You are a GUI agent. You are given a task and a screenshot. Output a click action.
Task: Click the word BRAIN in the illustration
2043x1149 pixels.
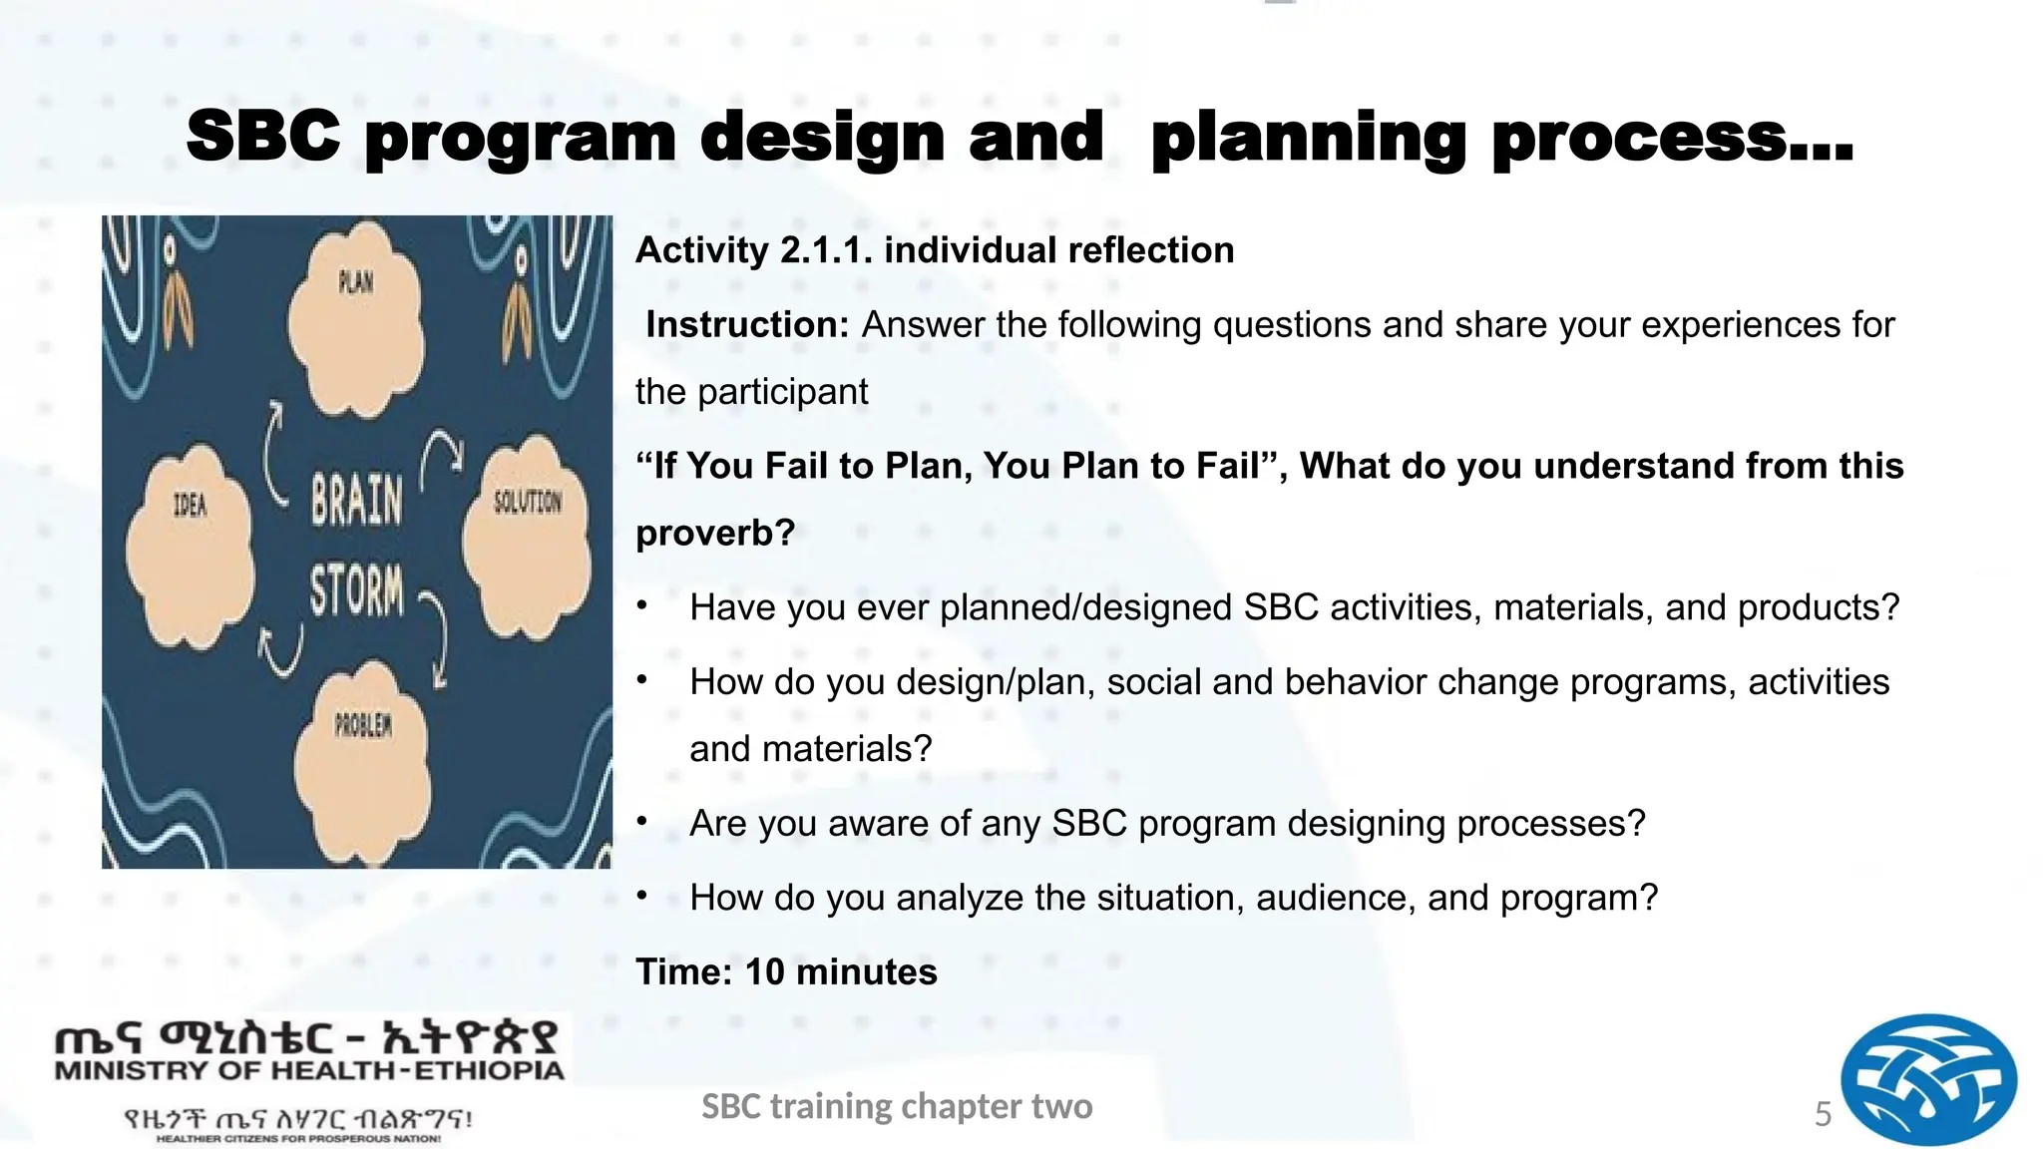click(x=356, y=500)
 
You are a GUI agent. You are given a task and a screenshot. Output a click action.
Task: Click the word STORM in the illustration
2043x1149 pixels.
click(x=356, y=590)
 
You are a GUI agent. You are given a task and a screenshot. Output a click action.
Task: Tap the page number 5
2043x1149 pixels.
click(x=1823, y=1114)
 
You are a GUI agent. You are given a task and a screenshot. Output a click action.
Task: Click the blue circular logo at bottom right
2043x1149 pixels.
click(x=1927, y=1080)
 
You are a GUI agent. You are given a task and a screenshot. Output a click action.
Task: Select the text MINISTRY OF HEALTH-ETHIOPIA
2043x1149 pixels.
click(x=309, y=1071)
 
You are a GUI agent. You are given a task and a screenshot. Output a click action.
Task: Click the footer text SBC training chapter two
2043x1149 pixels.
click(x=897, y=1106)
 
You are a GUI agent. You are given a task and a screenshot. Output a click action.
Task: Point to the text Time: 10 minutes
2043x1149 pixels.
click(x=786, y=971)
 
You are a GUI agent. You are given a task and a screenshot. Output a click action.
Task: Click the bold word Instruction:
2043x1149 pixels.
click(x=747, y=324)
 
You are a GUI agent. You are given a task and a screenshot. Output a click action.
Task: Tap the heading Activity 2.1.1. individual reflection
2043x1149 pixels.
click(x=935, y=249)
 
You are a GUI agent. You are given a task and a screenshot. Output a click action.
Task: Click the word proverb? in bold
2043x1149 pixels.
click(x=715, y=533)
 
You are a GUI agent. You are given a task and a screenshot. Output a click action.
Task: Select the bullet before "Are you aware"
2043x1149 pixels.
click(x=643, y=822)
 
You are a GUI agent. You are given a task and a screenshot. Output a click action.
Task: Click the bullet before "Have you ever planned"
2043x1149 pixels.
click(x=643, y=605)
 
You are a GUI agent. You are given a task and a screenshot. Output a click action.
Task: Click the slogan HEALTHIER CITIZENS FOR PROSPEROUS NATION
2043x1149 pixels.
click(x=297, y=1138)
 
